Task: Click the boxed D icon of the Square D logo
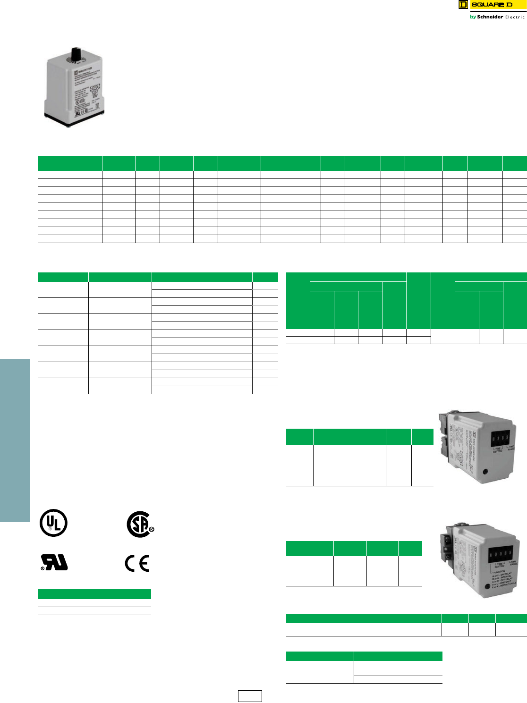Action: coord(463,5)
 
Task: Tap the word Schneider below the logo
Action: coord(490,17)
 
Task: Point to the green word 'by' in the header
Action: coord(473,17)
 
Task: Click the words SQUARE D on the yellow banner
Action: coord(492,5)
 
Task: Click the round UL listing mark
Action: coord(53,523)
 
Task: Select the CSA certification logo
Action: coord(140,524)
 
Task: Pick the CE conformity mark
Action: coord(137,563)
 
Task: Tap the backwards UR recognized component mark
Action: coord(54,562)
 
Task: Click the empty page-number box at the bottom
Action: coord(250,696)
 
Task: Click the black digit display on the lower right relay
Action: coord(501,553)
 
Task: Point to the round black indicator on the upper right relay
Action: coord(485,471)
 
